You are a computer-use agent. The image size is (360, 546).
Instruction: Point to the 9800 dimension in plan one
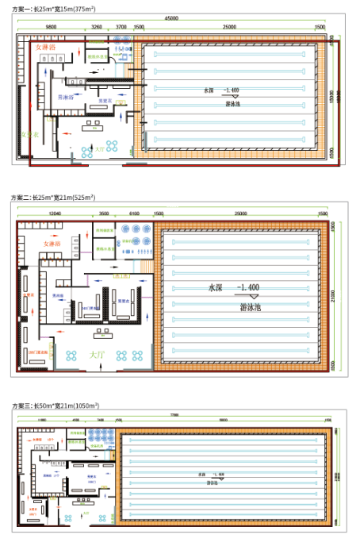[x=51, y=27]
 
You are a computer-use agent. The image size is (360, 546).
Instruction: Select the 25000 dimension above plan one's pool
[x=229, y=27]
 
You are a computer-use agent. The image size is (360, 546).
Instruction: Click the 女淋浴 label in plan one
[x=47, y=48]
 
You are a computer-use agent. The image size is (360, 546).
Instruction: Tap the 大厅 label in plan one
[x=99, y=148]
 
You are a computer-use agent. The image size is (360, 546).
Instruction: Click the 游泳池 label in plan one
[x=234, y=103]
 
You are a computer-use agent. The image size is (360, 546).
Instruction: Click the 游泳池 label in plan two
[x=254, y=306]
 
